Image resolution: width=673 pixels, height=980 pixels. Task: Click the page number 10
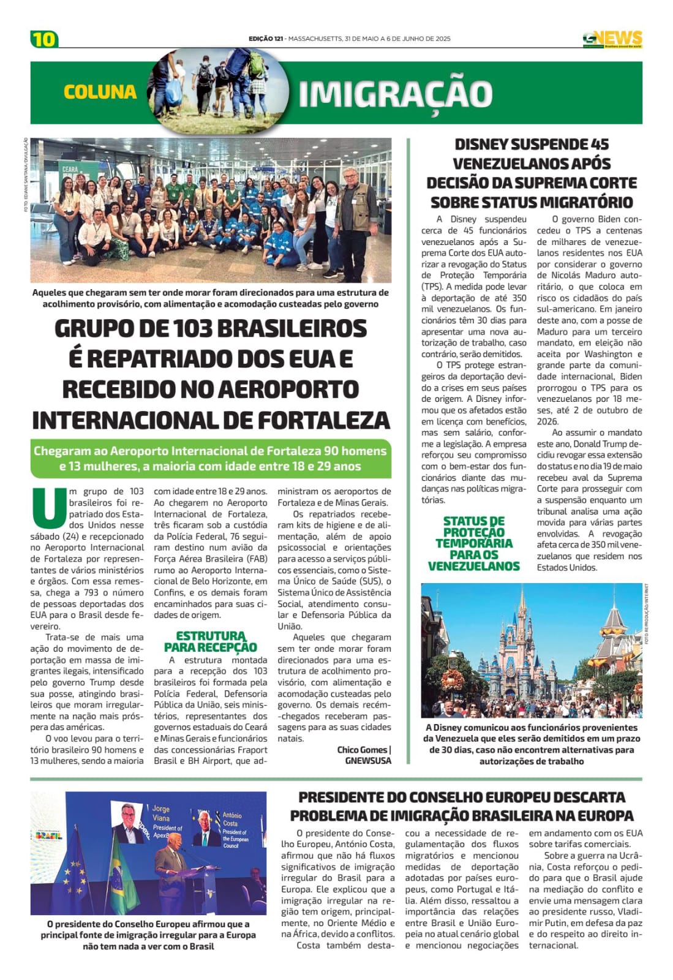pos(43,39)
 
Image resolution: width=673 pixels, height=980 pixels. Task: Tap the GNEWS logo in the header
pos(612,39)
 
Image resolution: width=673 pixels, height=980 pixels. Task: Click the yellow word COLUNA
pos(100,92)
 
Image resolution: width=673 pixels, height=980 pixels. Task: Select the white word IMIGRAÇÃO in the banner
pos(395,94)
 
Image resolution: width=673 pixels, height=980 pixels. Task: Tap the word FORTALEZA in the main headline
pos(323,420)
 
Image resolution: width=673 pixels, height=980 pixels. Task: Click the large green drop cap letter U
pos(48,508)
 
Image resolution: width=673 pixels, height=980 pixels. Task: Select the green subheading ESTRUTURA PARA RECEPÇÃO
pos(210,641)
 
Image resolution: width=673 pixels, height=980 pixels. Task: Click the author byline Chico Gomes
pos(361,750)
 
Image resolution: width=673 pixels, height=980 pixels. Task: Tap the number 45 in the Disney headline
pos(600,145)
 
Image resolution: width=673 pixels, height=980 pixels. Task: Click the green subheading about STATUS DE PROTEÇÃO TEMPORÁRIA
pos(473,543)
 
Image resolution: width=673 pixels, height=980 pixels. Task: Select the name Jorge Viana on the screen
pos(162,813)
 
